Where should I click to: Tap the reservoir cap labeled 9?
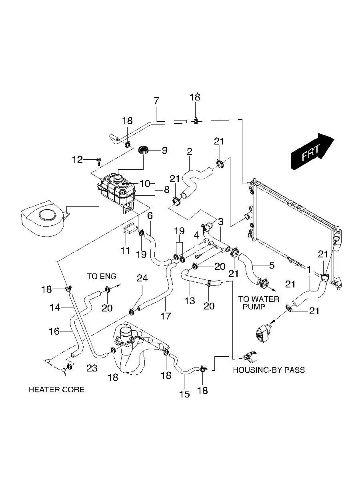(x=144, y=151)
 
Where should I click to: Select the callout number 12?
(x=77, y=160)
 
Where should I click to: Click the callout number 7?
(x=156, y=100)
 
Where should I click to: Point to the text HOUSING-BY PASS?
(x=269, y=370)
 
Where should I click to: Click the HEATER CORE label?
(x=56, y=390)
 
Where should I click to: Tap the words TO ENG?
(x=102, y=276)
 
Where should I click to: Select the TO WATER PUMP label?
(x=258, y=303)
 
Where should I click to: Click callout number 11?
(x=126, y=251)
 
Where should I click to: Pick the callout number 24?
(x=142, y=278)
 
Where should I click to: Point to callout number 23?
(x=92, y=368)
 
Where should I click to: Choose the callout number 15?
(x=184, y=394)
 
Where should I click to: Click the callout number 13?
(x=190, y=300)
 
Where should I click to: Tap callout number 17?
(x=166, y=316)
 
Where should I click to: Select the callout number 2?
(x=190, y=151)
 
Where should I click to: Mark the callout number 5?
(x=272, y=265)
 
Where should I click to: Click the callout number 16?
(x=54, y=331)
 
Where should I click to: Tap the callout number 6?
(x=150, y=216)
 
